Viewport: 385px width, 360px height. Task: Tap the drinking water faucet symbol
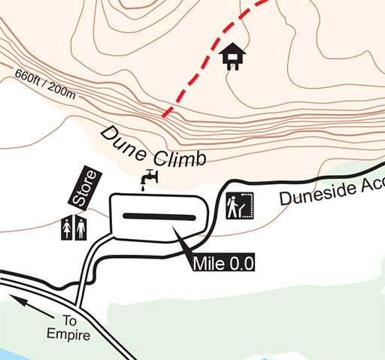[x=150, y=177]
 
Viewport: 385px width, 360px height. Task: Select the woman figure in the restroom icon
[x=68, y=228]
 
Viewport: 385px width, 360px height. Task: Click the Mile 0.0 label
[x=223, y=262]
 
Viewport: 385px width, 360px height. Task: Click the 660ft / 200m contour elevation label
[x=44, y=84]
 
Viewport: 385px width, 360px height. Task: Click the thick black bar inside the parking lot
[x=159, y=216]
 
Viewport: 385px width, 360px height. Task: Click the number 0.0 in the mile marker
[x=240, y=262]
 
